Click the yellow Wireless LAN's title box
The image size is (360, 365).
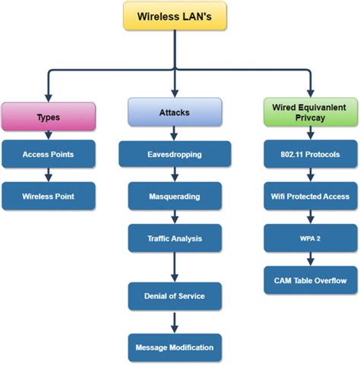coord(175,16)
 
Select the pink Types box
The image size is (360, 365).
coord(49,118)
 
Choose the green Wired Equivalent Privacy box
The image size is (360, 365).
coord(310,112)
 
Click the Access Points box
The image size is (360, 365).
coord(49,154)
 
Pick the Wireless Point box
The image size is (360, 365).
coord(49,196)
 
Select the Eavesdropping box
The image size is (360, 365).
coord(175,154)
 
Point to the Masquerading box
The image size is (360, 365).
coord(175,196)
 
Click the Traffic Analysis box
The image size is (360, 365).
coord(175,238)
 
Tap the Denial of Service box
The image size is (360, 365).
coord(175,297)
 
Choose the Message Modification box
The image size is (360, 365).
coord(175,347)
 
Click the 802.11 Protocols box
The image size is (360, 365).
coord(310,154)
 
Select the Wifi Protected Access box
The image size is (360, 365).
coord(310,196)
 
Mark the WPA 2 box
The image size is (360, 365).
coord(310,238)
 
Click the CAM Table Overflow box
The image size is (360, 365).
coord(310,280)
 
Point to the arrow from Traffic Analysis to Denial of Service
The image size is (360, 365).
coord(175,266)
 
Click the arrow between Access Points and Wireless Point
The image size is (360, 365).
coord(49,175)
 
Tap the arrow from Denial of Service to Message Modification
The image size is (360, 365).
coord(175,322)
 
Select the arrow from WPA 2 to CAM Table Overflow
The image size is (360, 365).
coord(310,259)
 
